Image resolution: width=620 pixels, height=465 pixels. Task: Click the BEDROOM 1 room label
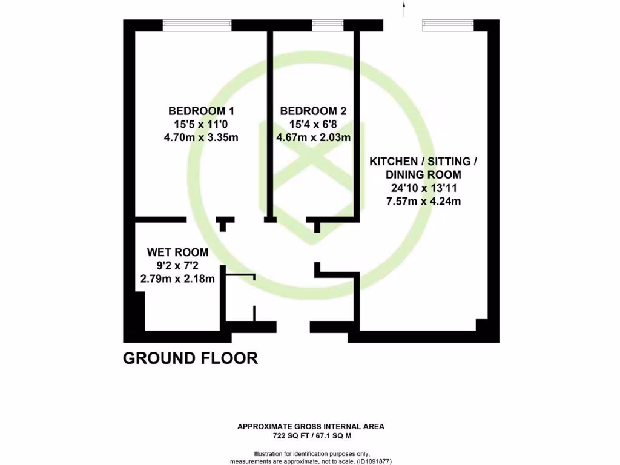(x=201, y=111)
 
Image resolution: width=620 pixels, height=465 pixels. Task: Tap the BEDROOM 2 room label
(x=313, y=111)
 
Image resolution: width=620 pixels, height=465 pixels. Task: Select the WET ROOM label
(x=177, y=252)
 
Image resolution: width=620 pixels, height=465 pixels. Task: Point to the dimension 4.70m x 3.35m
(x=201, y=137)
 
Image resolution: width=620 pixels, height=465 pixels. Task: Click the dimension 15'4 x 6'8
(x=313, y=124)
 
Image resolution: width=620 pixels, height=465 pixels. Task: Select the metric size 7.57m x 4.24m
(x=423, y=201)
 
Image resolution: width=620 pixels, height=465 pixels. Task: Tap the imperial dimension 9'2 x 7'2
(x=177, y=265)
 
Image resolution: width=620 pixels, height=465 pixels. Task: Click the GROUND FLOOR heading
(x=190, y=358)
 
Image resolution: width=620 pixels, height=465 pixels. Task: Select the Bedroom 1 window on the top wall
(x=197, y=25)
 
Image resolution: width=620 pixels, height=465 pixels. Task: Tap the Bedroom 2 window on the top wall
(x=328, y=25)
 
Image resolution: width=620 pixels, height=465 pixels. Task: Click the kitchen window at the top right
(x=447, y=25)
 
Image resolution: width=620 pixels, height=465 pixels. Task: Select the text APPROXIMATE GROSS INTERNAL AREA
(x=310, y=427)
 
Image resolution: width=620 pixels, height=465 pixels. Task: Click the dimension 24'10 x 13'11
(x=423, y=188)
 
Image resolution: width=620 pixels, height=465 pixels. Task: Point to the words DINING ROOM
(x=423, y=175)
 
